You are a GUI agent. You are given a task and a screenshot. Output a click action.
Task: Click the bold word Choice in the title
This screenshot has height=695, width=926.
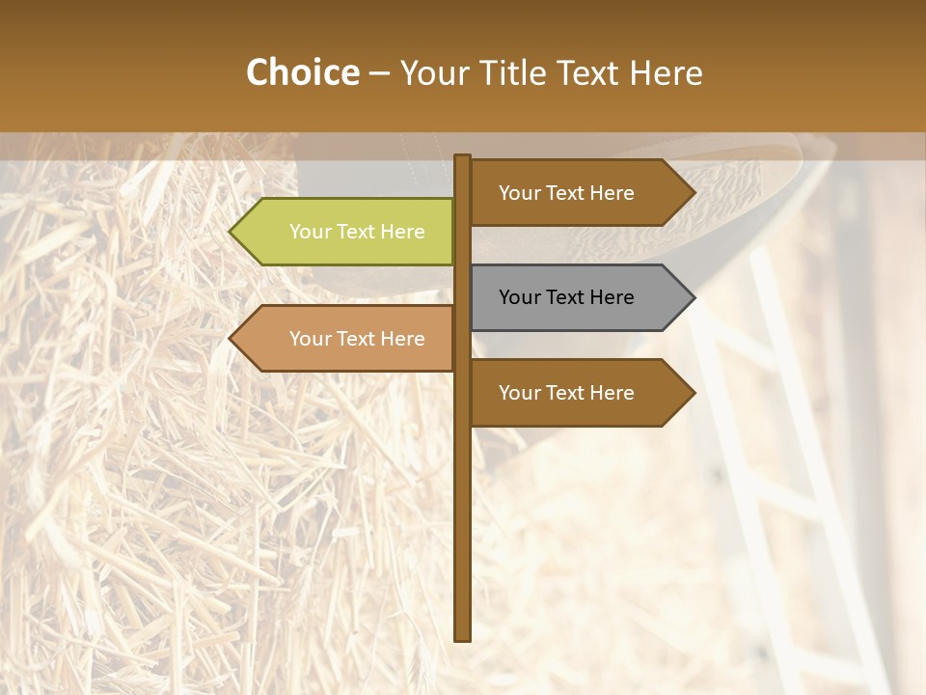(302, 72)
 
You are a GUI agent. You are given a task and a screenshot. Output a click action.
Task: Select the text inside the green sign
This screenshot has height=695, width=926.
(357, 232)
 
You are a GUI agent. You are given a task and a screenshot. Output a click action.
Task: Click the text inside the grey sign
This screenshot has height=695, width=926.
(566, 297)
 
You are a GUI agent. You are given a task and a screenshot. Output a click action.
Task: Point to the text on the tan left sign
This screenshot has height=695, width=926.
(357, 339)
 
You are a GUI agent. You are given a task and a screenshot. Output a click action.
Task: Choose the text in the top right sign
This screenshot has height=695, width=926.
(566, 193)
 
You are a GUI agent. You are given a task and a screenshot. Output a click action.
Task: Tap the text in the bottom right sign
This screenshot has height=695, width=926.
(566, 393)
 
